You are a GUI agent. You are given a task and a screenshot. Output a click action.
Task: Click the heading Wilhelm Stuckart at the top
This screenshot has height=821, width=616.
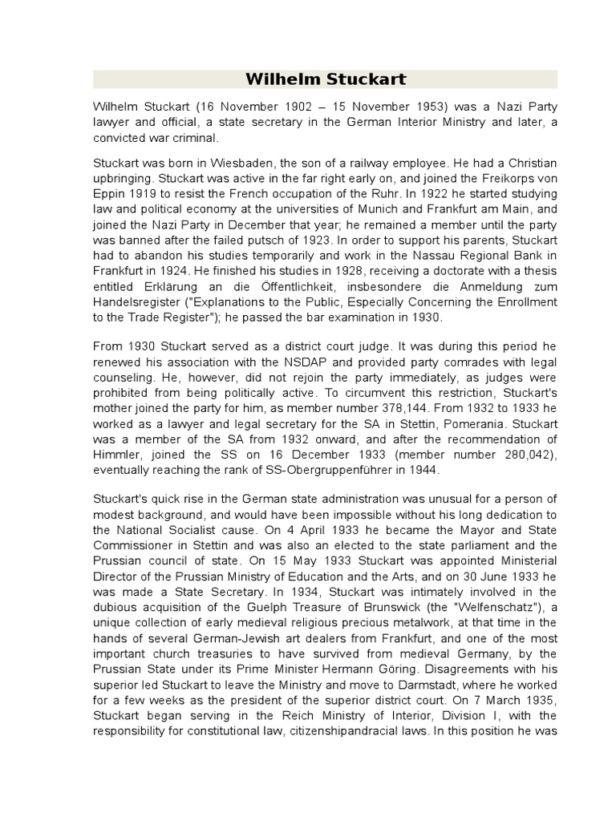click(325, 79)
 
